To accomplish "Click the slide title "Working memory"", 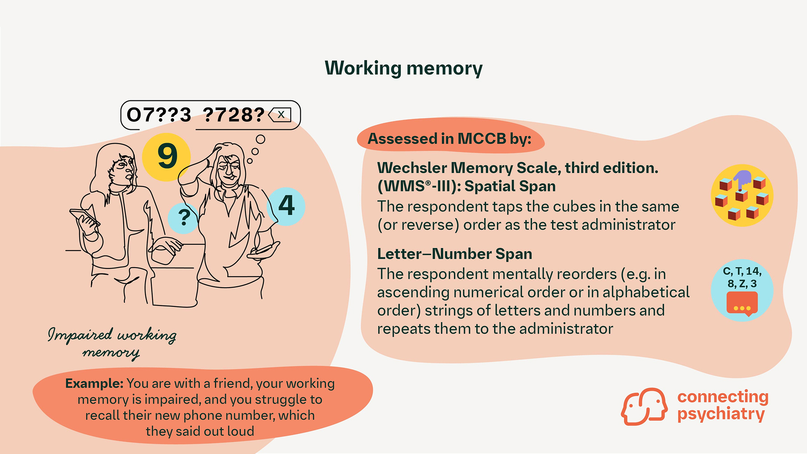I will [x=403, y=68].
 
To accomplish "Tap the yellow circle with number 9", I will [x=166, y=157].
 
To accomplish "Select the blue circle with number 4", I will [x=287, y=206].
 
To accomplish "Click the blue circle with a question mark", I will [x=183, y=218].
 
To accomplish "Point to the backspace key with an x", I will [x=280, y=115].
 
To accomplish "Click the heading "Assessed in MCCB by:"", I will [x=449, y=139].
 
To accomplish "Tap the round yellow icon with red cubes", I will [x=742, y=196].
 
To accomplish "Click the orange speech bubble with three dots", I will [x=742, y=303].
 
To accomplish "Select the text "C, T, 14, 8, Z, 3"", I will [x=742, y=277].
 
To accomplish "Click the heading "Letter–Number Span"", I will [x=454, y=254].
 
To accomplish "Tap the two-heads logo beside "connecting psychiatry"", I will [x=644, y=406].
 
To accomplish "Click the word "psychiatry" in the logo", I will [x=721, y=414].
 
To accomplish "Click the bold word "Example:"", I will [x=94, y=384].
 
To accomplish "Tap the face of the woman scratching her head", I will [x=229, y=172].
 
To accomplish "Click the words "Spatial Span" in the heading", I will [x=510, y=186].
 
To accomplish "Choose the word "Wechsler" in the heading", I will [x=412, y=168].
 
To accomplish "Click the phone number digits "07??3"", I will [x=159, y=115].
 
